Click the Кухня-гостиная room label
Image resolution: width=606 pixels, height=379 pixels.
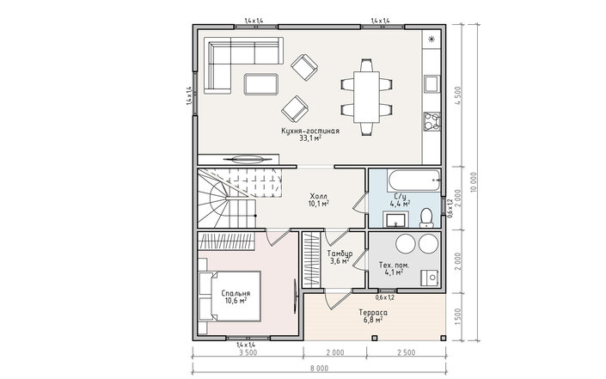tap(310, 131)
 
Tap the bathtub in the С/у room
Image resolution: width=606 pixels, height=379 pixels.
tap(414, 180)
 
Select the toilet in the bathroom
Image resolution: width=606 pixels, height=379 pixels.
tap(426, 217)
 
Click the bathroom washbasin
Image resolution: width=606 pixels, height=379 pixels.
tap(395, 219)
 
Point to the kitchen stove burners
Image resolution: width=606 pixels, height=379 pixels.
tap(432, 121)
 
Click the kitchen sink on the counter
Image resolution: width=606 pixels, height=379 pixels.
tap(432, 84)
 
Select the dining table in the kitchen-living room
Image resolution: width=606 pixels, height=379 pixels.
tap(367, 96)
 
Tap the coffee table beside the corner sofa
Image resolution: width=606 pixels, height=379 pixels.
tap(260, 84)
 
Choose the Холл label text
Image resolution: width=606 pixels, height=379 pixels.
tap(318, 195)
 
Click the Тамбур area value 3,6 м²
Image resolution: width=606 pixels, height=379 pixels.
tap(340, 261)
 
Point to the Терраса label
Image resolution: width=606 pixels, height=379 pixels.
tap(373, 312)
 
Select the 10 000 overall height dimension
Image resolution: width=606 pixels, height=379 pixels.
tap(474, 181)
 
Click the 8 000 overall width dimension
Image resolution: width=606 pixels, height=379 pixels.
tap(319, 368)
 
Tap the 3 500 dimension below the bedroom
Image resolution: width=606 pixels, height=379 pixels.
tap(248, 352)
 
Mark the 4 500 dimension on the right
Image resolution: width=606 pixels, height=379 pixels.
tap(458, 96)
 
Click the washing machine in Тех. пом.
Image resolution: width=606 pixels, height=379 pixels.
tap(431, 278)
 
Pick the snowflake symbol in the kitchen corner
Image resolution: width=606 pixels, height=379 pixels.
tap(432, 39)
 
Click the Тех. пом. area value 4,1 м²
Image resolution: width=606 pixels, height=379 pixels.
tap(395, 272)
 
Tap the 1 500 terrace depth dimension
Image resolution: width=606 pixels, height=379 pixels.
tap(458, 317)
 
